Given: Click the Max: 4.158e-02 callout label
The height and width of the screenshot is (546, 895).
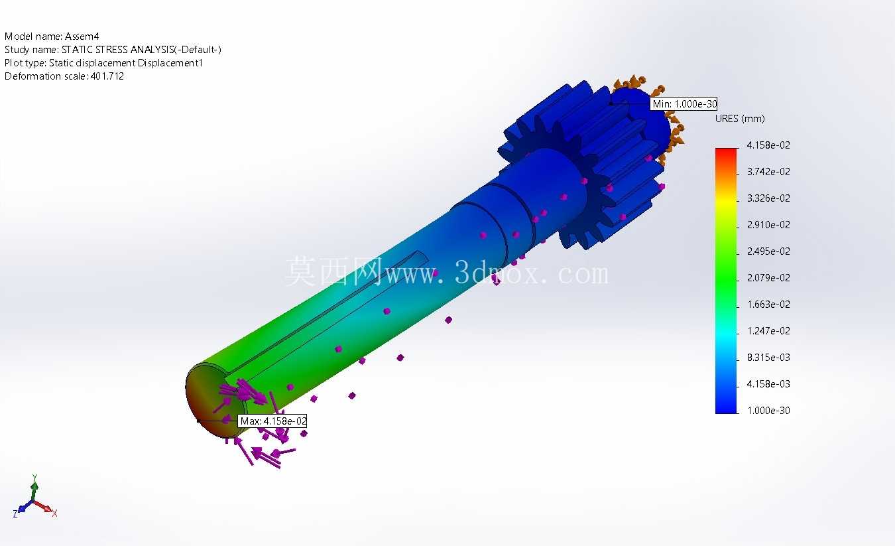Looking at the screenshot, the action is pos(272,421).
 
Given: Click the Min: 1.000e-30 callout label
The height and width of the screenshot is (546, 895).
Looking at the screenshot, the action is pos(684,104).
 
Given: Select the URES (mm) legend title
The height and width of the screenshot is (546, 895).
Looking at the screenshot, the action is pos(740,119).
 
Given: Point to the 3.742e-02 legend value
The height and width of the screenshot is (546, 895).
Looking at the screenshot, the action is pos(768,171).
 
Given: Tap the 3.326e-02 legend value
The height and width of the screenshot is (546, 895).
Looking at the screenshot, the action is pos(768,198).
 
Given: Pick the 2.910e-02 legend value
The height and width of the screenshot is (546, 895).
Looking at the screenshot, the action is pos(768,225).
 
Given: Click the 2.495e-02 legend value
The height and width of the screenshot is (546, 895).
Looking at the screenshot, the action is pos(768,251).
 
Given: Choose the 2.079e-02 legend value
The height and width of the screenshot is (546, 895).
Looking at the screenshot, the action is pos(768,277).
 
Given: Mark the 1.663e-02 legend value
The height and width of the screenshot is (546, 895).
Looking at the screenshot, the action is pos(768,304).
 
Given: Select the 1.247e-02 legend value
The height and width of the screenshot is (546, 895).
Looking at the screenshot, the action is pos(768,330).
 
